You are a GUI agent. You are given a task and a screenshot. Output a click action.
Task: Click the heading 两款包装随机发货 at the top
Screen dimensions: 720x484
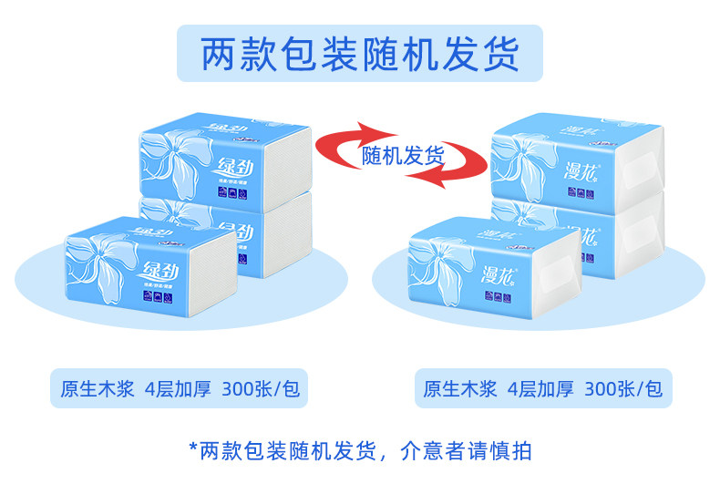point(359,53)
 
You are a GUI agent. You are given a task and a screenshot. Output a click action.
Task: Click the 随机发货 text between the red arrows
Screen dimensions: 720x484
point(402,156)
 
